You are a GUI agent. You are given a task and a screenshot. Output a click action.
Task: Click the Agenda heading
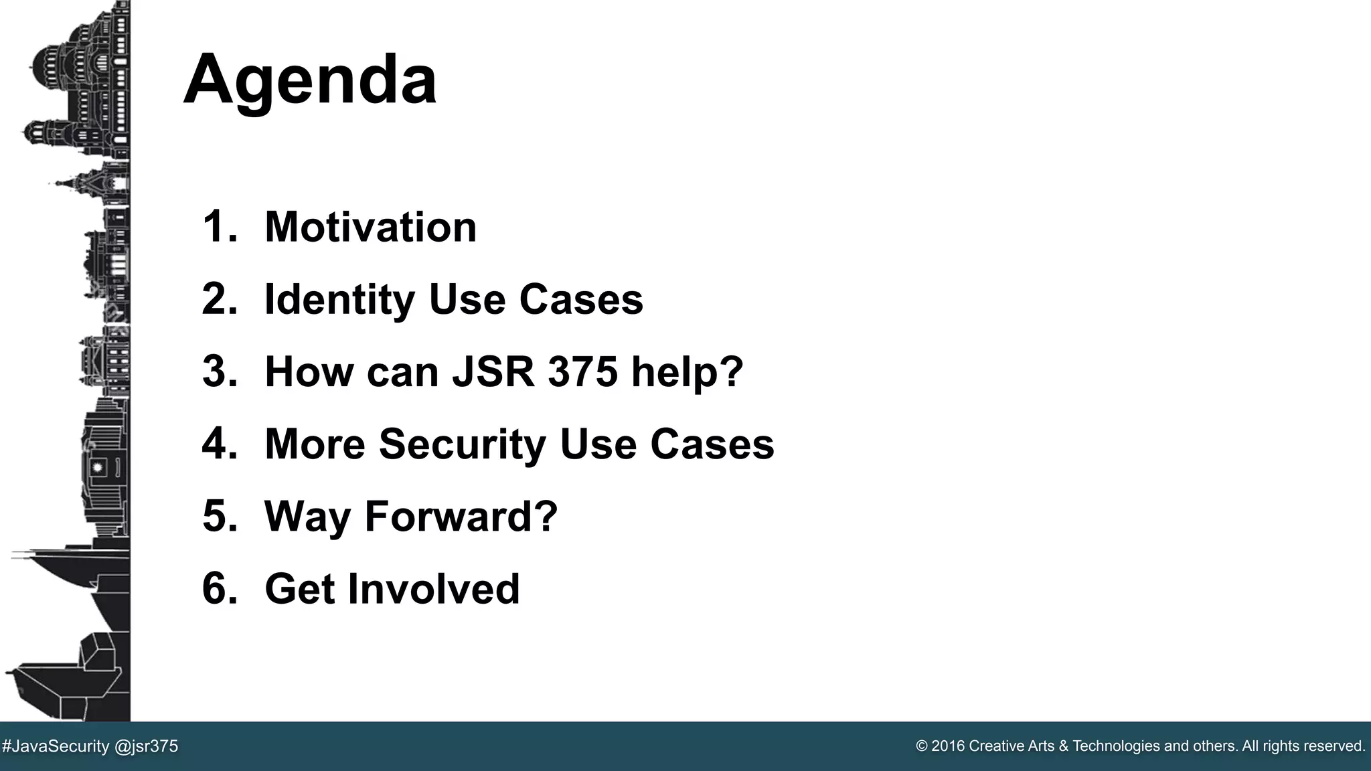click(309, 80)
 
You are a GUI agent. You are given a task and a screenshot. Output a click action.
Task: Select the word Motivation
click(370, 227)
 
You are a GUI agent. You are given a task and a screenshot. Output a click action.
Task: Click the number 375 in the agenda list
click(582, 371)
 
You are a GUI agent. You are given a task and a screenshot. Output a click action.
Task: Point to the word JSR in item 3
click(493, 371)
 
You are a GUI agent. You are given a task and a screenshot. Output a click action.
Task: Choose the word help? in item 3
click(687, 371)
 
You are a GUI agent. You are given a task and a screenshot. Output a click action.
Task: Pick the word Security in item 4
click(463, 444)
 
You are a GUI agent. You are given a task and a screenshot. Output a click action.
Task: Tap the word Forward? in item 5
click(461, 516)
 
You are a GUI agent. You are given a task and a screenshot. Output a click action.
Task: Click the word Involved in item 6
click(433, 588)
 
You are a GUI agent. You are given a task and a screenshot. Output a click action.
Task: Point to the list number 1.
click(219, 227)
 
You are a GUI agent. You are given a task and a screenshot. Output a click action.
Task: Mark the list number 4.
click(219, 444)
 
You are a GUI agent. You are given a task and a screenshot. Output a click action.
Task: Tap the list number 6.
click(219, 588)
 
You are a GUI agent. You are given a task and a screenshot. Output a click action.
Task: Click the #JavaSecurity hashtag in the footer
click(56, 746)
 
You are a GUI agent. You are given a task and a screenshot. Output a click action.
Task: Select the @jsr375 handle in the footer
click(147, 746)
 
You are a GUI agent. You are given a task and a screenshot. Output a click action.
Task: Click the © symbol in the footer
click(922, 746)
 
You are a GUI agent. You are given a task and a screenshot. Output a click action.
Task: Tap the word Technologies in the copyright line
click(1117, 746)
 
